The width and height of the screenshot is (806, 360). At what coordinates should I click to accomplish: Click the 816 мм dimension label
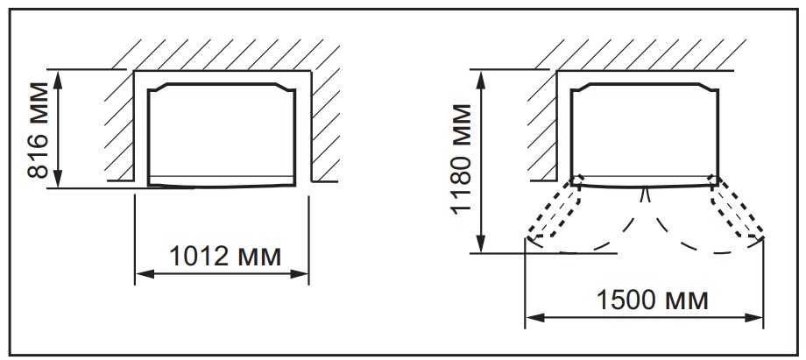(x=38, y=130)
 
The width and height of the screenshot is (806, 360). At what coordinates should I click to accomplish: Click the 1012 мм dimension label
(x=225, y=256)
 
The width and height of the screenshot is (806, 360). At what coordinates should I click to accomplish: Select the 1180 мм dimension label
(x=461, y=159)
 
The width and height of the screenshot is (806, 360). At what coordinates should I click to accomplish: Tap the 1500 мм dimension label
(x=652, y=300)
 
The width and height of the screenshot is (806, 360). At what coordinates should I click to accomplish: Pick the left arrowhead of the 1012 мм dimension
(x=144, y=273)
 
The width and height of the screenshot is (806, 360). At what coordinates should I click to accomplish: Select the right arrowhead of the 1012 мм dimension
(x=300, y=273)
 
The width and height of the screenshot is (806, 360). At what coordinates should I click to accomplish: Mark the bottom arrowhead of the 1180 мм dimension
(x=481, y=244)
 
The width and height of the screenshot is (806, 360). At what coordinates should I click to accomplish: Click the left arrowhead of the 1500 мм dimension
(x=534, y=318)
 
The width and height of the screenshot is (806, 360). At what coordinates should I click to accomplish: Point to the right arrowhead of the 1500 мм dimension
(x=754, y=318)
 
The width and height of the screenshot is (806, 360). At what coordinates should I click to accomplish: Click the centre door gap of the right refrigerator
(x=646, y=194)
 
